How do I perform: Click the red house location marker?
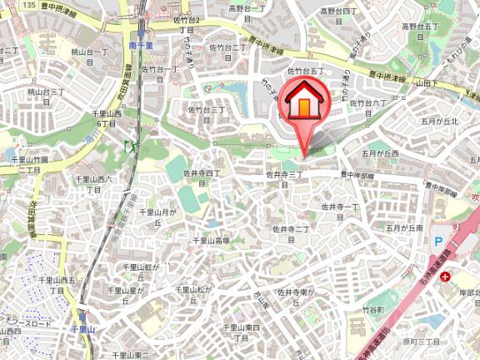(x=305, y=105)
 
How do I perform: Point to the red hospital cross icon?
(x=447, y=276)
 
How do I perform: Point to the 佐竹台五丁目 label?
(x=305, y=72)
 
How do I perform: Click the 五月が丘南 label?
(x=404, y=227)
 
